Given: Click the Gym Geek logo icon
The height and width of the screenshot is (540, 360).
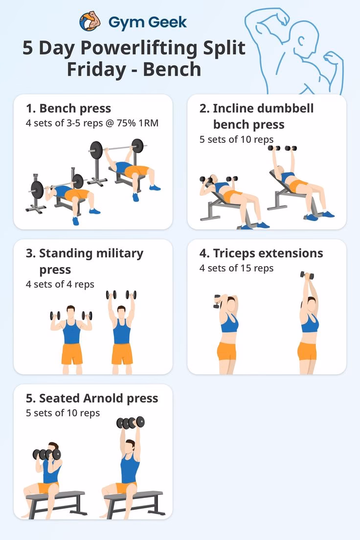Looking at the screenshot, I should [x=90, y=22].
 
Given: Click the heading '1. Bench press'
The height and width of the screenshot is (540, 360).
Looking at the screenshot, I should [x=68, y=108].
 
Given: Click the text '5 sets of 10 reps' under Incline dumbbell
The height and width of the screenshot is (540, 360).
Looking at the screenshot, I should [x=236, y=139].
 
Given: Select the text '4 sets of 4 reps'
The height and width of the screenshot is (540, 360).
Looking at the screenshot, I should [x=60, y=284].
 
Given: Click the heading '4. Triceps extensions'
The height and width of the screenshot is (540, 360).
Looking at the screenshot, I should [x=261, y=253].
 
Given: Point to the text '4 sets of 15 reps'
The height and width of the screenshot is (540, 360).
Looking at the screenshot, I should [x=236, y=268].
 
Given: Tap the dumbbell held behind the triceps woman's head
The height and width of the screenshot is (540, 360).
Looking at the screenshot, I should [x=217, y=301].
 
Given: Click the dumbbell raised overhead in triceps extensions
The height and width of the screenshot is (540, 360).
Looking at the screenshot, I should [x=305, y=276].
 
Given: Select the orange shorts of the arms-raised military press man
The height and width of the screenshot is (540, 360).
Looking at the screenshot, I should [x=122, y=354].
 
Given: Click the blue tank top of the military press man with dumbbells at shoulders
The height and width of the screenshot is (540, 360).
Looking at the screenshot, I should [x=71, y=332].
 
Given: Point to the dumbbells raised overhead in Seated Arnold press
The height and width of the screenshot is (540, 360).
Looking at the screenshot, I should [x=131, y=422].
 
